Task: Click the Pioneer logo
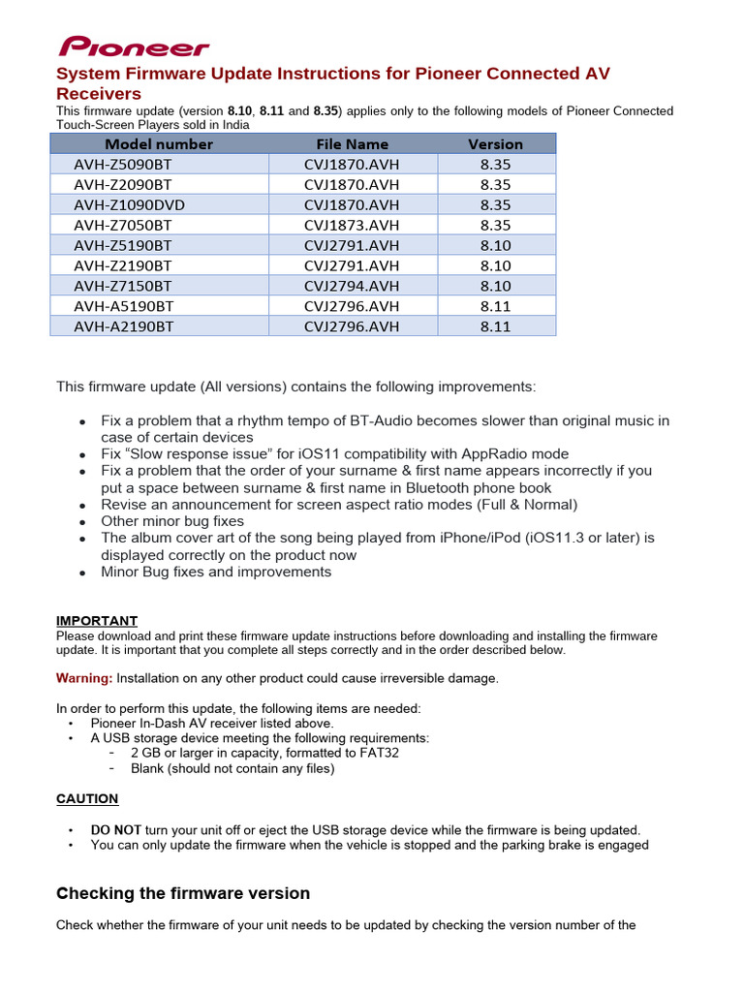[134, 46]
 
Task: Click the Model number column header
[158, 144]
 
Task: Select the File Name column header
[352, 144]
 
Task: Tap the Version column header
[495, 144]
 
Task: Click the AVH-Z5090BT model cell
[123, 164]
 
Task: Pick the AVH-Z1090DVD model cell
[129, 204]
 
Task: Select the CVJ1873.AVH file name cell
[352, 225]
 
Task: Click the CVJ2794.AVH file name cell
[352, 286]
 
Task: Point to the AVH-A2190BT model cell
[123, 326]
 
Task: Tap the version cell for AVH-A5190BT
[495, 306]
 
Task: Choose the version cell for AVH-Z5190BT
[495, 245]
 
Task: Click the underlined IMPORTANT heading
[97, 621]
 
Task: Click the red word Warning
[84, 678]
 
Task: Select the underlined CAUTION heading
[87, 799]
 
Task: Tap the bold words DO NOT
[116, 830]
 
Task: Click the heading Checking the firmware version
[183, 893]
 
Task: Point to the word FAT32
[379, 753]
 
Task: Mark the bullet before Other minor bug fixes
[84, 522]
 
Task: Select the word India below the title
[233, 125]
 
